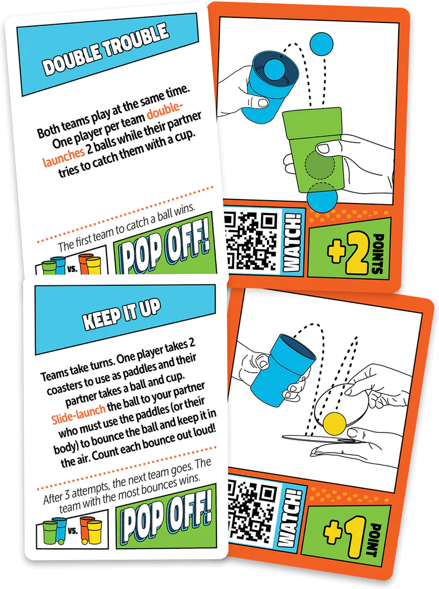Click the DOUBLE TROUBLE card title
pyautogui.click(x=106, y=51)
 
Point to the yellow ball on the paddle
pyautogui.click(x=334, y=423)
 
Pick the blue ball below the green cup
pyautogui.click(x=322, y=198)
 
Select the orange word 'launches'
pyautogui.click(x=64, y=155)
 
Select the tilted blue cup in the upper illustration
pyautogui.click(x=268, y=85)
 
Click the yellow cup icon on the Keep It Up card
pyautogui.click(x=93, y=532)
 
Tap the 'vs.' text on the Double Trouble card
pyautogui.click(x=72, y=268)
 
